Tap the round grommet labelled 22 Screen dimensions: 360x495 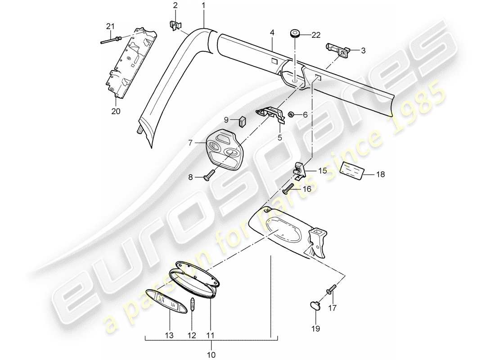click(295, 34)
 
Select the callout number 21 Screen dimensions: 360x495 click(109, 27)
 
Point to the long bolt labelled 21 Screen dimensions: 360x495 click(110, 41)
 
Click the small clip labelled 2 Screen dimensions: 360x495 click(175, 26)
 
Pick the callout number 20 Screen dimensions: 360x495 click(116, 111)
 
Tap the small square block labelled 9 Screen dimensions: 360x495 click(243, 121)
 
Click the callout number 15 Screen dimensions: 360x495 click(323, 171)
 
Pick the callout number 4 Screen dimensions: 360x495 click(272, 33)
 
